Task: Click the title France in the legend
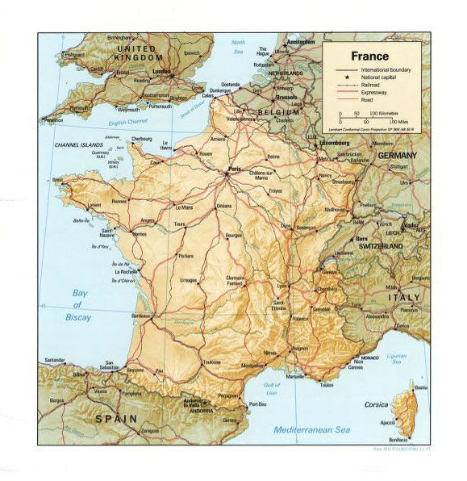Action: pos(369,56)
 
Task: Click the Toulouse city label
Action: pos(213,362)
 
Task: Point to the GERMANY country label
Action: pos(398,153)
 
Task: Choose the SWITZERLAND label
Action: pos(382,244)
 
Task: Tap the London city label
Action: pos(163,71)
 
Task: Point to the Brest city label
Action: pos(56,180)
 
